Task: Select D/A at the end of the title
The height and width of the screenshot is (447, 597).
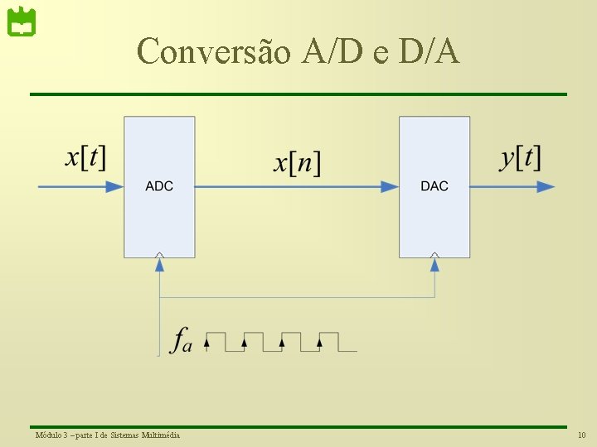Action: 428,51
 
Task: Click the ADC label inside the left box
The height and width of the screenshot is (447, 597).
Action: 159,186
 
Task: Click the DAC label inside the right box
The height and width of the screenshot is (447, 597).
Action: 434,186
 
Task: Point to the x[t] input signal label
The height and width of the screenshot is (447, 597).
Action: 85,156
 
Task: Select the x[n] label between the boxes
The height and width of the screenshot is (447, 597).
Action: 297,161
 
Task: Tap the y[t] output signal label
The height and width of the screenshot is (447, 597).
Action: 520,156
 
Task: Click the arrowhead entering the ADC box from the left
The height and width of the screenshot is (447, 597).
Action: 114,187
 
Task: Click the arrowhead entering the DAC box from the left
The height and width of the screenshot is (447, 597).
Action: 390,187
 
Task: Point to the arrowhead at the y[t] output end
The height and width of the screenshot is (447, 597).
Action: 546,187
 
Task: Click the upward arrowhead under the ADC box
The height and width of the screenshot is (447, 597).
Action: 159,264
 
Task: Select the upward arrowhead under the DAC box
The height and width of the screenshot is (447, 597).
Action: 434,264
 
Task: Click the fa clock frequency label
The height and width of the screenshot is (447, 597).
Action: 181,340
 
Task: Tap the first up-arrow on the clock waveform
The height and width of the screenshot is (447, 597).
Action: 206,339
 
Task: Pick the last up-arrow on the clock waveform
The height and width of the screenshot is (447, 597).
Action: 321,339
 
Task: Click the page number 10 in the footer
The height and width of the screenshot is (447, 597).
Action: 581,435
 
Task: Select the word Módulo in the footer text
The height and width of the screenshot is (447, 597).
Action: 46,435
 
